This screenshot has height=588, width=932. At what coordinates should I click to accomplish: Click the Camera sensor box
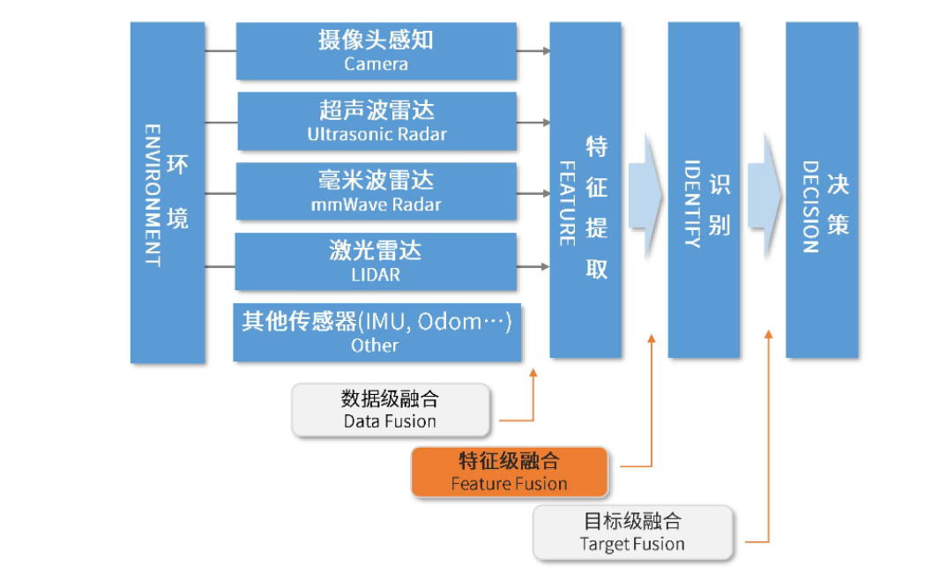(377, 51)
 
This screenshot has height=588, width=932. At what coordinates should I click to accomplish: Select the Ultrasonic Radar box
(377, 122)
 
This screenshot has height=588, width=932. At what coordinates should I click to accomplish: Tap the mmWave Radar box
(377, 192)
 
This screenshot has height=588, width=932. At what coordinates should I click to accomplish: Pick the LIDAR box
(377, 262)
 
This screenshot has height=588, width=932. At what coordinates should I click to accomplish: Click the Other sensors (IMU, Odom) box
(377, 332)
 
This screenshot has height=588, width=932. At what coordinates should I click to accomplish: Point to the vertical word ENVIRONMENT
(152, 194)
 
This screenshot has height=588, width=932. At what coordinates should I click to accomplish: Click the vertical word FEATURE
(568, 203)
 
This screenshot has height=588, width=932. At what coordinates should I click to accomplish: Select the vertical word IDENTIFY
(692, 203)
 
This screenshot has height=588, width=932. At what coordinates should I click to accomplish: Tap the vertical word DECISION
(810, 206)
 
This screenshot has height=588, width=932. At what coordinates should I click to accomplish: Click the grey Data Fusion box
(391, 410)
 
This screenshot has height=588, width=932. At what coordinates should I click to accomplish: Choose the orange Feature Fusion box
(510, 473)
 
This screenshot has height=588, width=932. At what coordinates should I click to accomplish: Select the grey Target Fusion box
(633, 532)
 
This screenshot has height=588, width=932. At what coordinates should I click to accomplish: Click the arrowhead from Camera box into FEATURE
(545, 51)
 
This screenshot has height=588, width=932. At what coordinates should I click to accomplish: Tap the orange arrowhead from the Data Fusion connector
(533, 373)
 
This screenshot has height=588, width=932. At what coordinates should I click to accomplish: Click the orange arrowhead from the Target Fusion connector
(769, 336)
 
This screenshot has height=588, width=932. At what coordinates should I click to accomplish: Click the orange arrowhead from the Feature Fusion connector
(652, 338)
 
